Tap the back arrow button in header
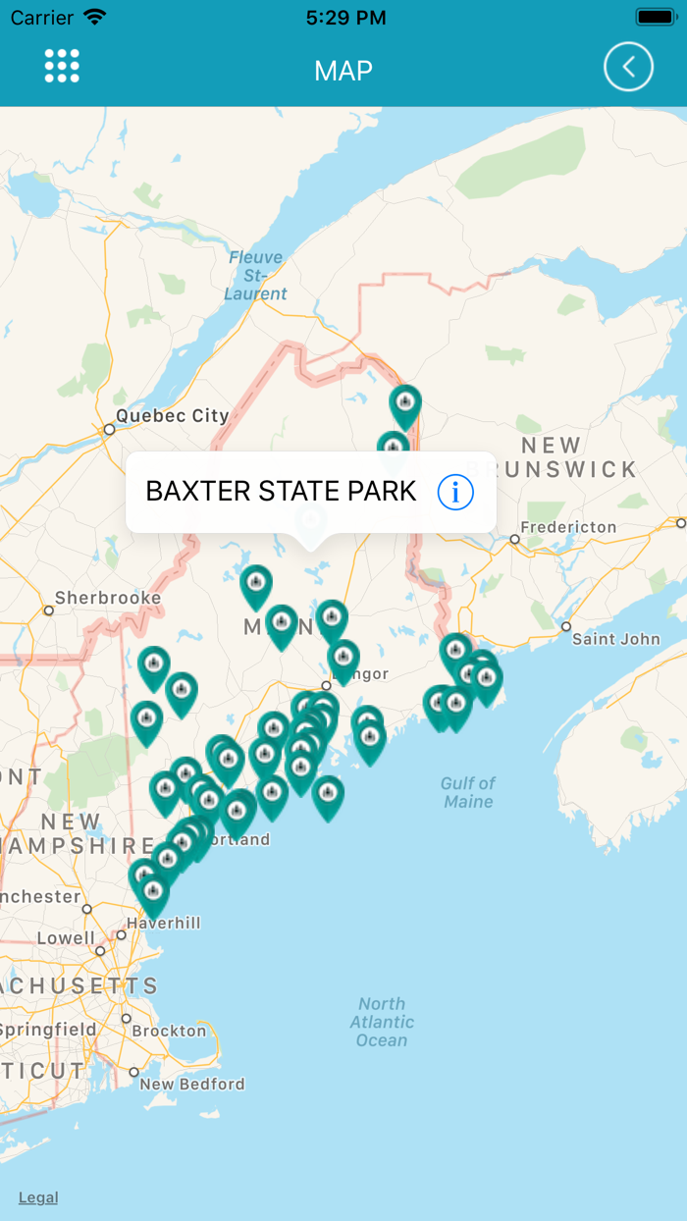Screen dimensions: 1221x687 628,68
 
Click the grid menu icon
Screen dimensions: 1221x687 62,66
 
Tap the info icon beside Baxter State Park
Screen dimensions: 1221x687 455,492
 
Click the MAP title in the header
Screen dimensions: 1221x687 343,71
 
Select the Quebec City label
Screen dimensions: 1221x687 172,416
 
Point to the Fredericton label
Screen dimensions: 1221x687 568,527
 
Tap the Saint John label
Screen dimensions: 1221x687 616,639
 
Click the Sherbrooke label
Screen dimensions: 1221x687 108,598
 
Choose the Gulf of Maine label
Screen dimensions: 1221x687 468,792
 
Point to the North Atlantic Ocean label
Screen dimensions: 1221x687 382,1022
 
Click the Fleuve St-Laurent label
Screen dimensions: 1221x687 255,276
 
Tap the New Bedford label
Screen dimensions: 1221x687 191,1085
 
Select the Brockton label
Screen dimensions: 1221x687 169,1031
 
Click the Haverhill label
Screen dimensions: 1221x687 165,923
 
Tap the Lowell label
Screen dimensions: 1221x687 66,938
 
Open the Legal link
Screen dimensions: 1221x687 38,1197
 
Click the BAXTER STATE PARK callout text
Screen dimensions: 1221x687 281,491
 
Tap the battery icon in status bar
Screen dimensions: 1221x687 655,18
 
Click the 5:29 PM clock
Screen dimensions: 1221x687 345,18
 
